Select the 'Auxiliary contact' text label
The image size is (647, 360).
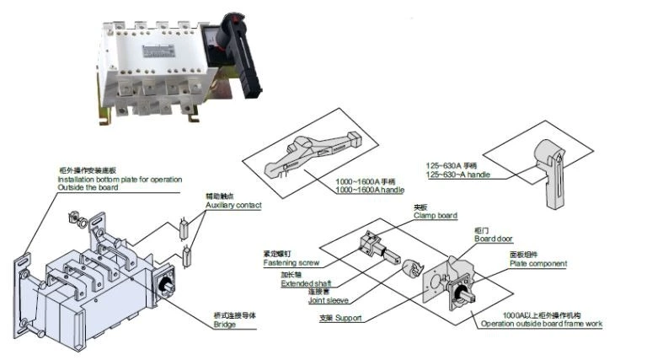tap(233, 205)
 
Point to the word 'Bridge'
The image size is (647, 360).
tap(224, 325)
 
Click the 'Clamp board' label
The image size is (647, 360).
tap(435, 216)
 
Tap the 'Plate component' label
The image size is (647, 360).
tap(537, 264)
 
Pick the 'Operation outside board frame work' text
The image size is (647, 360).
tap(541, 324)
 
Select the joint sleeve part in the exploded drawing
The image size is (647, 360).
tap(414, 269)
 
